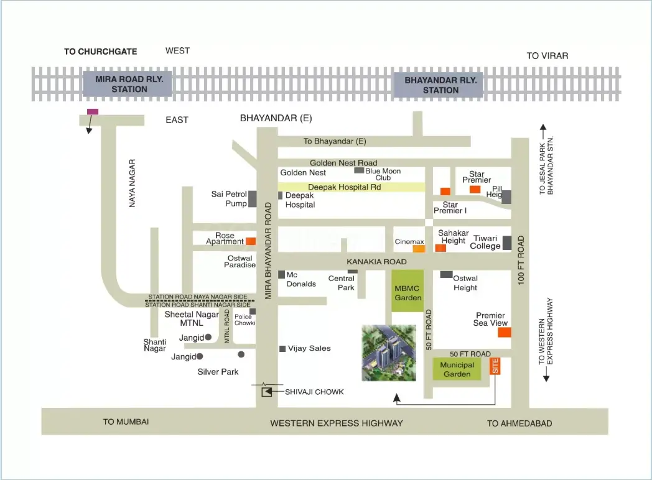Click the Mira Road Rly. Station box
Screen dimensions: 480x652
128,84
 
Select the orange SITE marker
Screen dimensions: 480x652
496,367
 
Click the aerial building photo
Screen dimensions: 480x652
389,353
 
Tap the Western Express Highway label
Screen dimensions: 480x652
336,423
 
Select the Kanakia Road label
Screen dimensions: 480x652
377,262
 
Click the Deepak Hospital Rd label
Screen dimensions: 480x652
344,187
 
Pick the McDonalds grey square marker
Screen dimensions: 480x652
282,274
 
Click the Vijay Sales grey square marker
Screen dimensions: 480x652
282,348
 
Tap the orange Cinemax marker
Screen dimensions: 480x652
419,249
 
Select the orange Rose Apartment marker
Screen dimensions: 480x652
250,241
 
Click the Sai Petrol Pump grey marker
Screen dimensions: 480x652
253,199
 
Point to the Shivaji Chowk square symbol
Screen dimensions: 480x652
267,392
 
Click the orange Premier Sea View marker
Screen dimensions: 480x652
505,333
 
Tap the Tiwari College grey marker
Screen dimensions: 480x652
507,242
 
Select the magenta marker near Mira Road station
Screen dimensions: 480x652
92,111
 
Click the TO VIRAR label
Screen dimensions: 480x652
547,56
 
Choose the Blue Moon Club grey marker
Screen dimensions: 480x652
359,170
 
